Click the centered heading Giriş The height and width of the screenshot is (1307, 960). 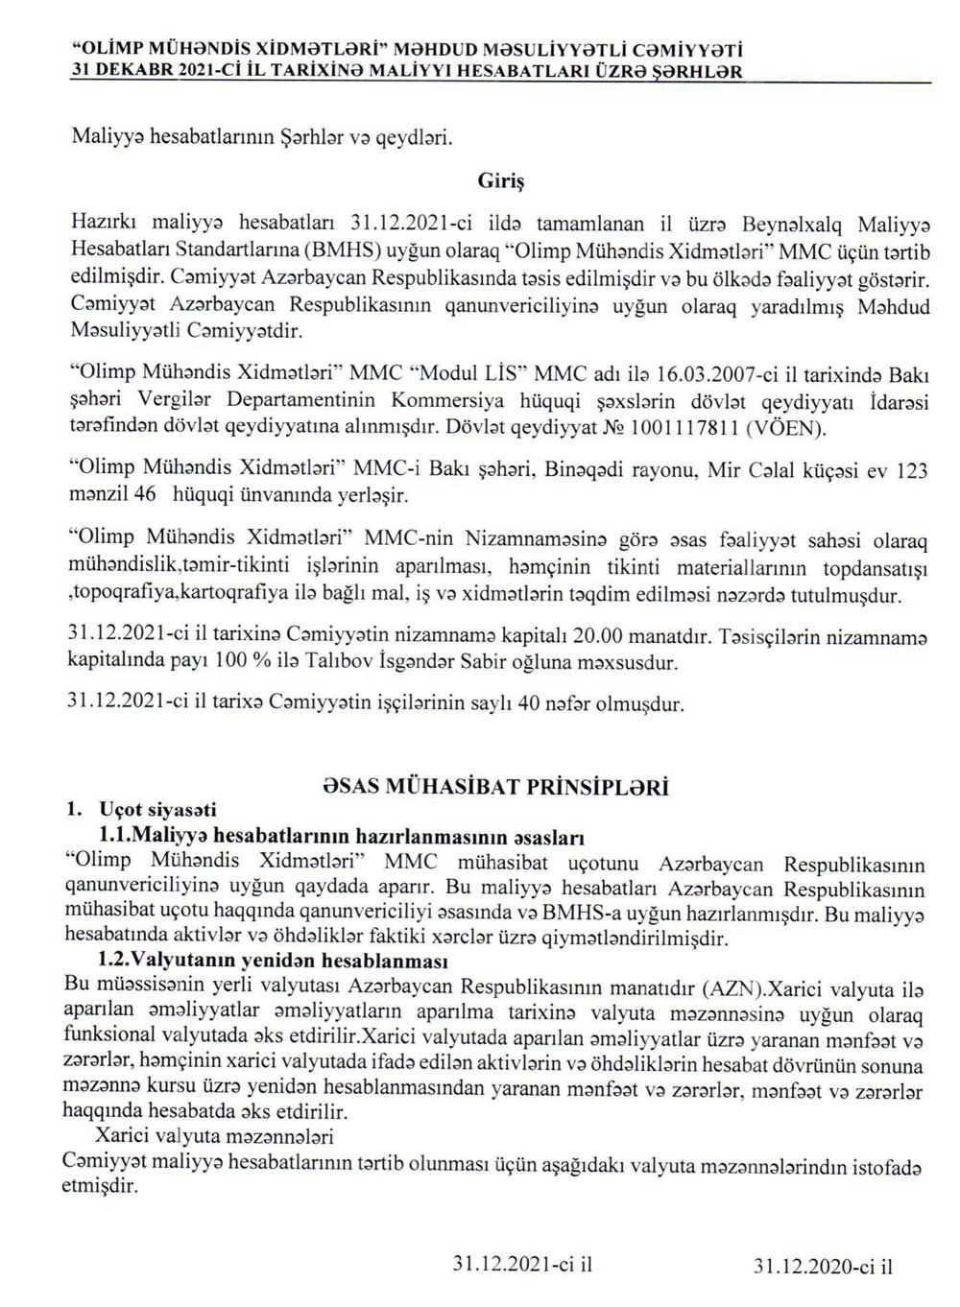coord(500,178)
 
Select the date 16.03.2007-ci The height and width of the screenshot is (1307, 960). coord(721,373)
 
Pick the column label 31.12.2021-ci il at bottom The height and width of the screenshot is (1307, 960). coord(523,1265)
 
